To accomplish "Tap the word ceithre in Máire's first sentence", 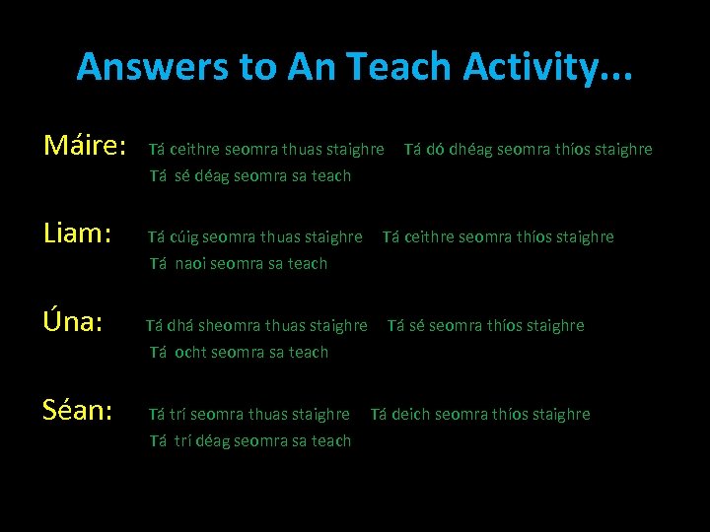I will pyautogui.click(x=195, y=150).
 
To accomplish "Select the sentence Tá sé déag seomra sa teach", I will pyautogui.click(x=250, y=176).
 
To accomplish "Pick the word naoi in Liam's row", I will pyautogui.click(x=194, y=264).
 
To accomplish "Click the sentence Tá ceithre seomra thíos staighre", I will pyautogui.click(x=498, y=237).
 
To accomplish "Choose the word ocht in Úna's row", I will pyautogui.click(x=193, y=353).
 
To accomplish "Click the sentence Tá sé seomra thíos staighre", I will pyautogui.click(x=485, y=326).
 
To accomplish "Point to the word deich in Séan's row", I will pyautogui.click(x=411, y=415).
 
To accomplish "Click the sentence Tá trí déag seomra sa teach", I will pyautogui.click(x=250, y=441).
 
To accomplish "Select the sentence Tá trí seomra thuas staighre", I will pyautogui.click(x=249, y=415).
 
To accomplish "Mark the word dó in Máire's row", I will pyautogui.click(x=436, y=150).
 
